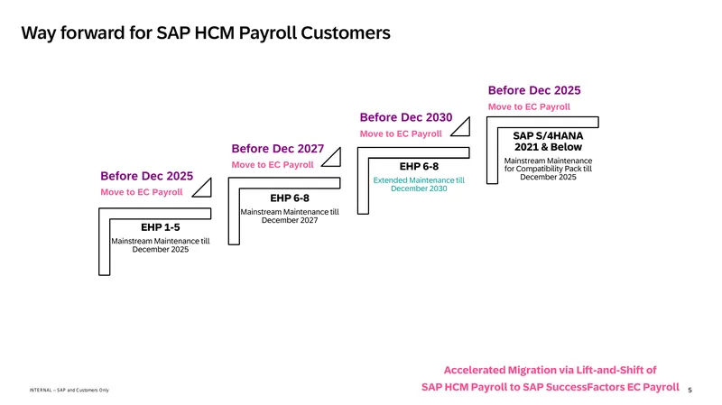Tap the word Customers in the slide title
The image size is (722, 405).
(x=346, y=32)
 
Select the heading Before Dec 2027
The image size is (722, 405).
(x=278, y=149)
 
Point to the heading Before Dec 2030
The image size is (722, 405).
(x=406, y=117)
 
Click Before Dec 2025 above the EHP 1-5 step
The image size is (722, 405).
(x=147, y=176)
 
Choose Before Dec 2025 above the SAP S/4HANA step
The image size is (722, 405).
(x=534, y=90)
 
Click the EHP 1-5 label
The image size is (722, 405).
(x=161, y=227)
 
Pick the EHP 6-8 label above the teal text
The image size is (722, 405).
(x=419, y=166)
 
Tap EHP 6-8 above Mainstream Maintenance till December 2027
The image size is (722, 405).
(x=290, y=198)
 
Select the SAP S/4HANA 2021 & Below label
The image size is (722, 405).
(x=548, y=142)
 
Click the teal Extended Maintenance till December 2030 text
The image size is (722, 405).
(x=419, y=184)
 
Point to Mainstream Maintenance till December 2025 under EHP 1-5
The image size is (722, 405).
(x=161, y=244)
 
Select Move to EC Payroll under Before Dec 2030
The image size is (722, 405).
(x=401, y=133)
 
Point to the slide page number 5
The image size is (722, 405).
(x=690, y=390)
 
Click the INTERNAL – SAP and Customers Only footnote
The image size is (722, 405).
(x=69, y=390)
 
